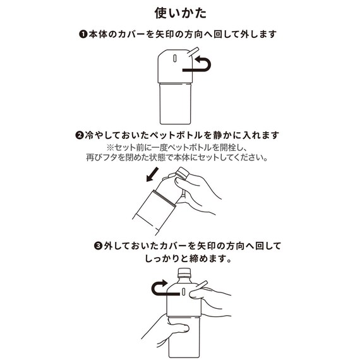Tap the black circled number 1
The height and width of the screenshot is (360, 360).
pos(82,34)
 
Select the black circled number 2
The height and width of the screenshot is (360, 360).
pos(80,135)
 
